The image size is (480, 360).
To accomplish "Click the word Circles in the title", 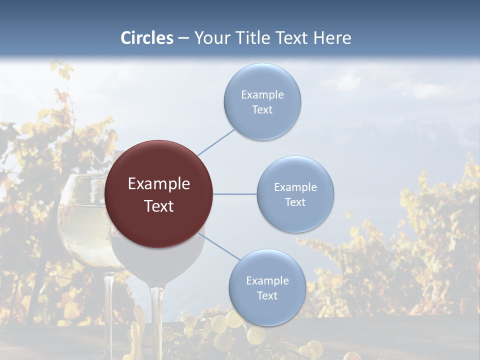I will [x=146, y=38].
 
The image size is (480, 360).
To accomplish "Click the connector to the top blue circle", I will [x=216, y=142].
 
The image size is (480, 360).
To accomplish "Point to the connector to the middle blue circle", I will [x=234, y=194].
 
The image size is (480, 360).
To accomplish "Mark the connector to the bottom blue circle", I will [x=220, y=246].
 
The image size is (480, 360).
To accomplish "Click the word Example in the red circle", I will [x=159, y=184].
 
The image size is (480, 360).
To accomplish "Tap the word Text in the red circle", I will [x=159, y=206].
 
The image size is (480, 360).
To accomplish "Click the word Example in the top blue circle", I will [x=262, y=95].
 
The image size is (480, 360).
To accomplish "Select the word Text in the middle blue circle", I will [x=295, y=202].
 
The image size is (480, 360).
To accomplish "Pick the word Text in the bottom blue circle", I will [x=267, y=295].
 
